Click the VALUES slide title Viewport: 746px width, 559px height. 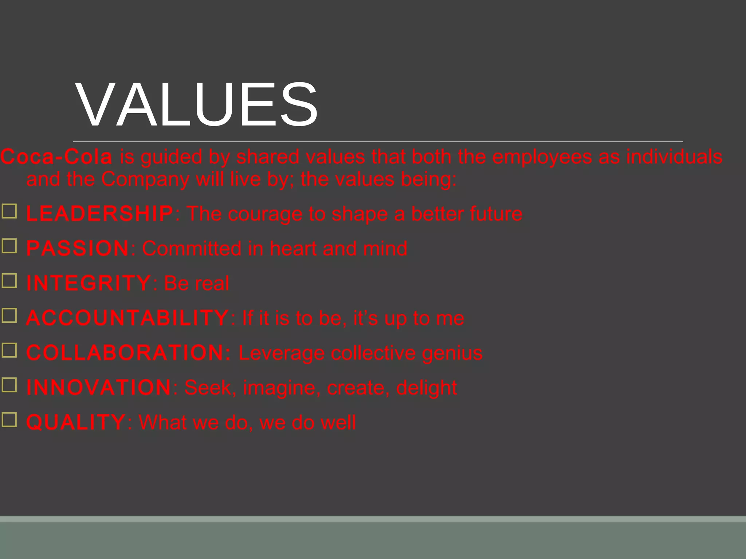click(x=197, y=105)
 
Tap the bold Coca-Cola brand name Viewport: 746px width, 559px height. click(x=56, y=157)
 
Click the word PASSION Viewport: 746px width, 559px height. click(x=78, y=249)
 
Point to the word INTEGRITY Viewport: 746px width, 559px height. click(x=89, y=284)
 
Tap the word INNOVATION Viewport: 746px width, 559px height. click(x=99, y=388)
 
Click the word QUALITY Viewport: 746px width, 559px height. click(x=76, y=423)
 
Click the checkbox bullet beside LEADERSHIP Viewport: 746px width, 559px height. click(x=9, y=211)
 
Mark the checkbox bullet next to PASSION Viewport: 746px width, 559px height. click(x=9, y=246)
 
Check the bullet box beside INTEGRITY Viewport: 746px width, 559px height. click(x=9, y=281)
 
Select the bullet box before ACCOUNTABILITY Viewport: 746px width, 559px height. click(x=9, y=316)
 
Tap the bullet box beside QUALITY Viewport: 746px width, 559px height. click(x=9, y=420)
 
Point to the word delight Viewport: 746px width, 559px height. click(x=427, y=388)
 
